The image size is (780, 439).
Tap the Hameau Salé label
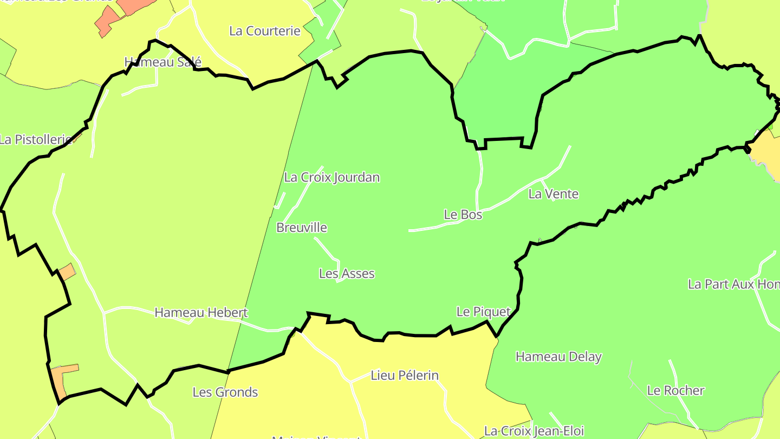(162, 62)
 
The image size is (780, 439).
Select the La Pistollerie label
(36, 139)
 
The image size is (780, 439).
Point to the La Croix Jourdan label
(331, 177)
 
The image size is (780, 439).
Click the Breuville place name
(302, 228)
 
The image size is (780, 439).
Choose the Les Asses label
(347, 274)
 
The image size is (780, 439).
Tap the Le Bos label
(463, 215)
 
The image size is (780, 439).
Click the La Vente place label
(554, 194)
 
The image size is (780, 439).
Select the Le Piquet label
(483, 312)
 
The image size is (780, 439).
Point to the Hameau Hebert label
(201, 313)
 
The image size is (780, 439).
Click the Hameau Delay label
(558, 357)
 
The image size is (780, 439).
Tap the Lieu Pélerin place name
(405, 375)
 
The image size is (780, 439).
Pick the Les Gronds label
(225, 392)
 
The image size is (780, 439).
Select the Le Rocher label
(675, 390)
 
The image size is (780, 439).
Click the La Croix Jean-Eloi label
(534, 431)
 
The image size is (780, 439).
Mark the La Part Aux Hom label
(733, 284)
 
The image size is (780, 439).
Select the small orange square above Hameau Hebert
(67, 272)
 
